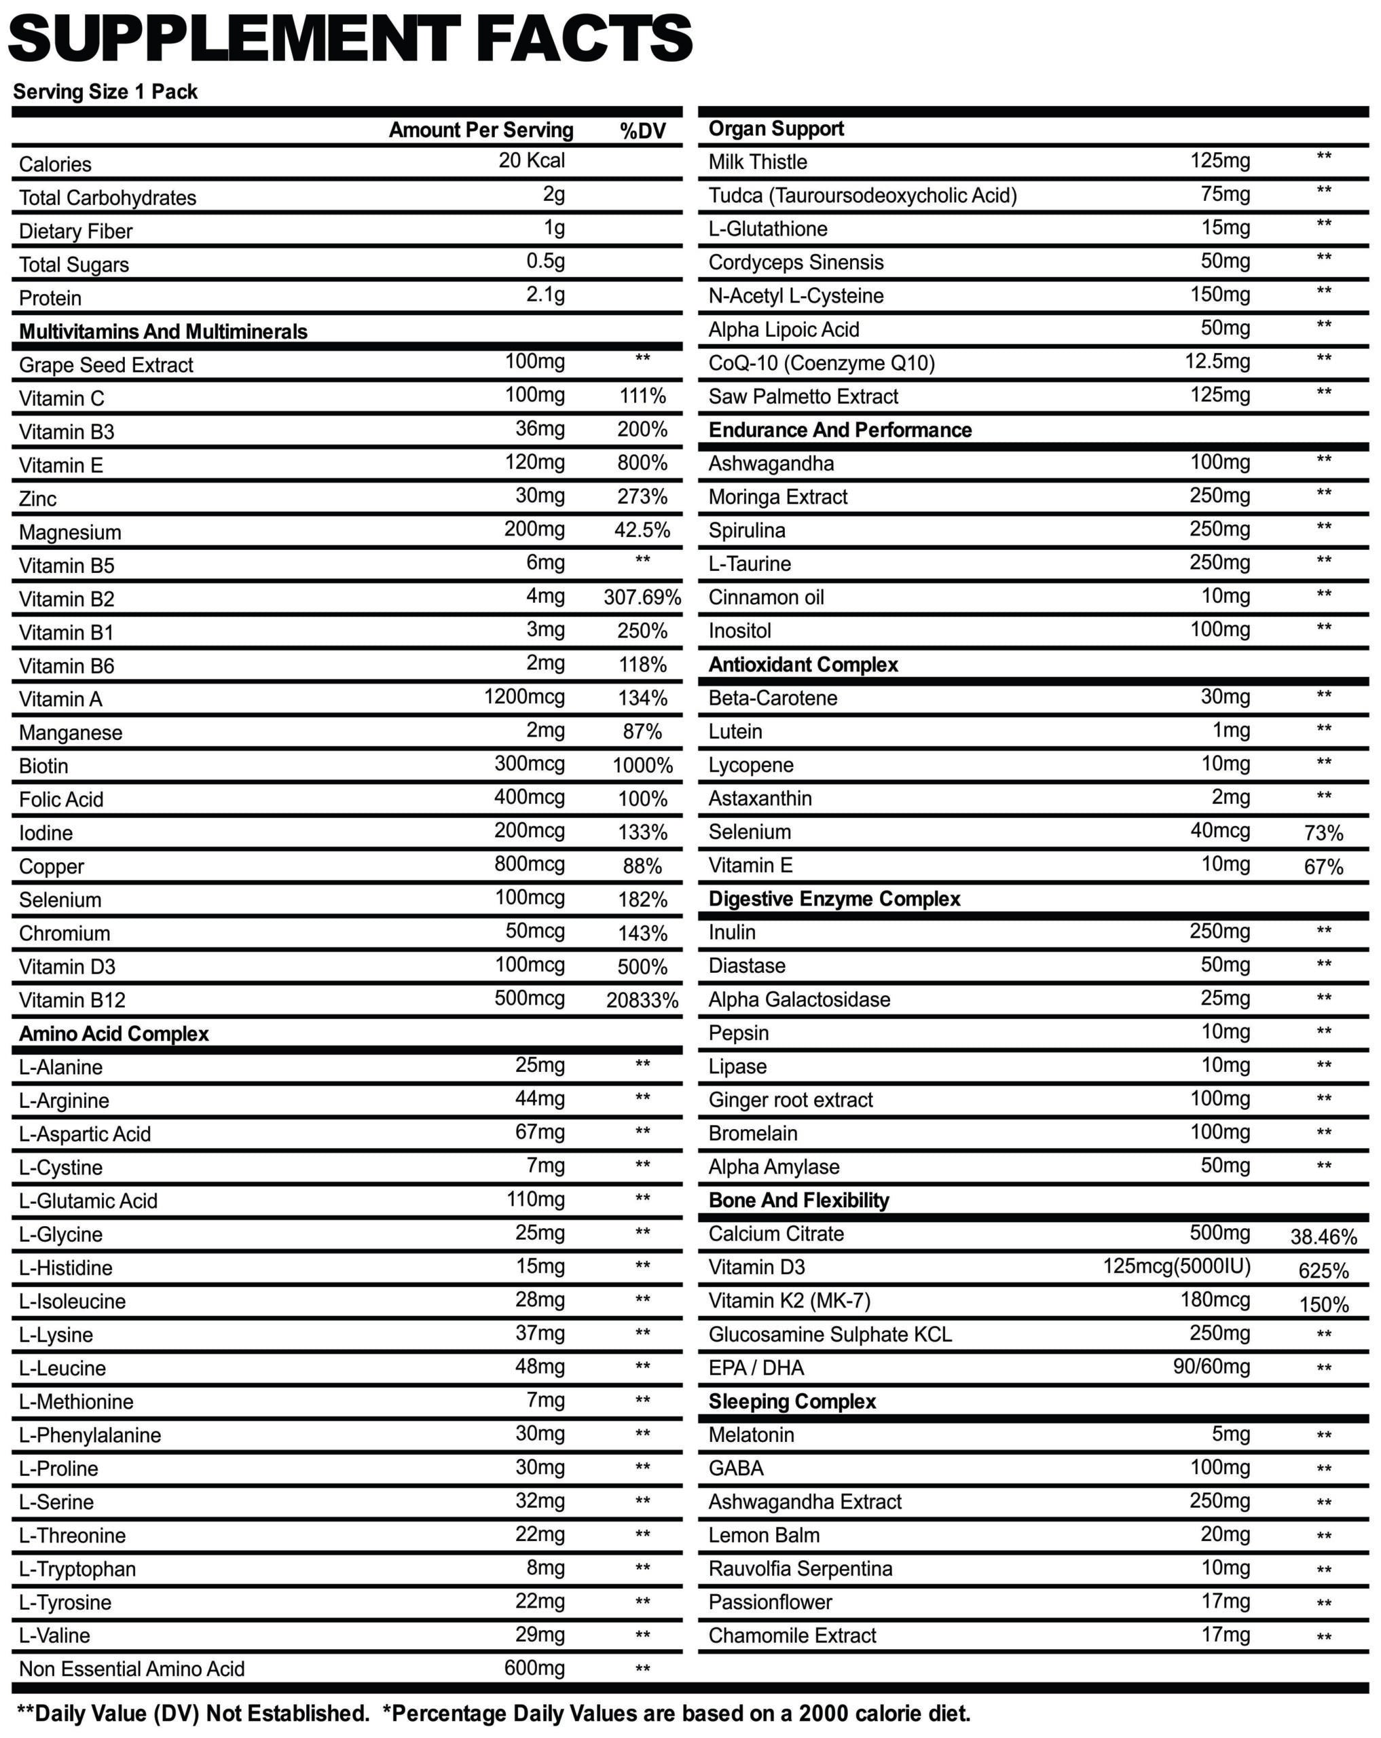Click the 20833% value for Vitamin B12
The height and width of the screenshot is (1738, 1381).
(x=642, y=1001)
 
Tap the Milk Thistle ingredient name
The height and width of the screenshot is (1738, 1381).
(x=757, y=162)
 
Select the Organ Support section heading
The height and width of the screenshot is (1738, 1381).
(x=775, y=129)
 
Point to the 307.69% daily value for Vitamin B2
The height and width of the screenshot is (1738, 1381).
(x=642, y=598)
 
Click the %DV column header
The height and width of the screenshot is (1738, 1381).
(x=642, y=130)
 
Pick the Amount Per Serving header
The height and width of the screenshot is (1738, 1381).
(x=481, y=130)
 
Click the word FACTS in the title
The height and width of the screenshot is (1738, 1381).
(x=585, y=39)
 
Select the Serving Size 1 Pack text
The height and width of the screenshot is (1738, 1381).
(x=105, y=92)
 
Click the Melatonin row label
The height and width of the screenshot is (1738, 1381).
(x=750, y=1435)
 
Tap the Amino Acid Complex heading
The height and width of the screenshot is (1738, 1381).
(x=113, y=1034)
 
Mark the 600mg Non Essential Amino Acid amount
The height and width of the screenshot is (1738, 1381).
(x=534, y=1668)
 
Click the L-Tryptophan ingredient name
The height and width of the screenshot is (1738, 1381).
(x=77, y=1570)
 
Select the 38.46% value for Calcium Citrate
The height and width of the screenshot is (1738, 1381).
(x=1323, y=1236)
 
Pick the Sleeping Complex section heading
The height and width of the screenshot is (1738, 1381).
(x=792, y=1402)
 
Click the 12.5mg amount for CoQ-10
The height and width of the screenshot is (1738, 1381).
(x=1217, y=362)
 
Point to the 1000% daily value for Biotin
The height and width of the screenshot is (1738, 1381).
(x=642, y=766)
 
